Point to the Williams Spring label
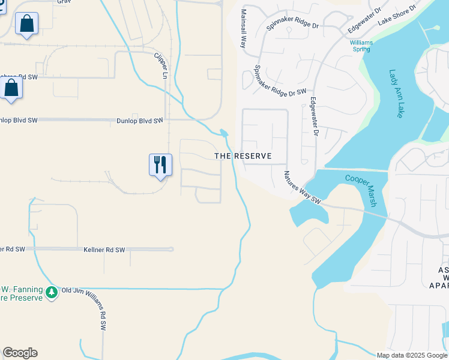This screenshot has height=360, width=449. (x=361, y=46)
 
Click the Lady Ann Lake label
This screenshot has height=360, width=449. (x=397, y=94)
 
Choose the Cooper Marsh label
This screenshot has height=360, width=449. (x=360, y=190)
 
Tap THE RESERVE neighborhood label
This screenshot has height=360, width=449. (x=243, y=156)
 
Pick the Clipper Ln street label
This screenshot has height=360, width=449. (x=161, y=66)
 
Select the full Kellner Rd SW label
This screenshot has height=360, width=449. (x=104, y=249)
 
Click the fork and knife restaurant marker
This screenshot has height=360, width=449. (x=160, y=164)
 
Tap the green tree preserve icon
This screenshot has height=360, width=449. (x=52, y=292)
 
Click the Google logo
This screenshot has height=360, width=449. (x=20, y=353)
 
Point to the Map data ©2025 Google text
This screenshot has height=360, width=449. (x=412, y=355)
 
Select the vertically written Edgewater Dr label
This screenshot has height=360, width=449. (x=313, y=117)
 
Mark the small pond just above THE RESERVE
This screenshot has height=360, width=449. (x=224, y=133)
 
